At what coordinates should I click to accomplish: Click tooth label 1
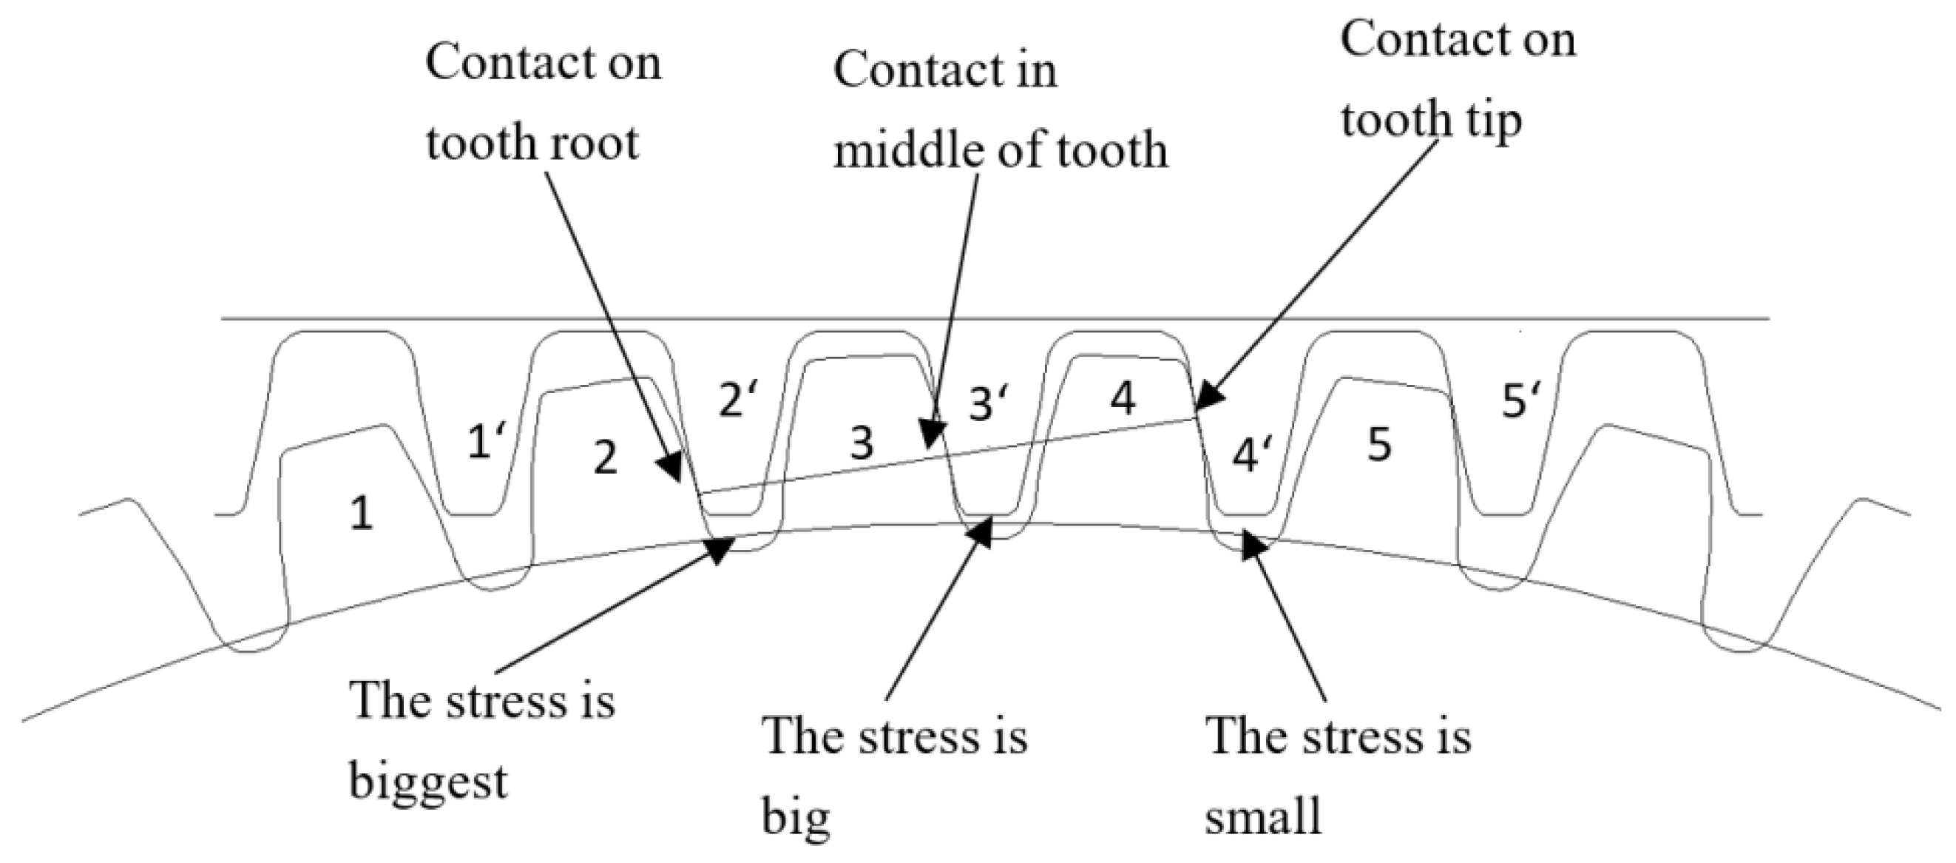point(362,514)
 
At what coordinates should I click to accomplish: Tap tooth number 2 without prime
point(604,459)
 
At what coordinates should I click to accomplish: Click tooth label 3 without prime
point(861,443)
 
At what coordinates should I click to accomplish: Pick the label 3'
point(989,404)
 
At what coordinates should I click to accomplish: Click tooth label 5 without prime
point(1379,445)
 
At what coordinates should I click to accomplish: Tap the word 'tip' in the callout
point(1491,120)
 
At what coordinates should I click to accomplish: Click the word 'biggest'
point(427,782)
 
